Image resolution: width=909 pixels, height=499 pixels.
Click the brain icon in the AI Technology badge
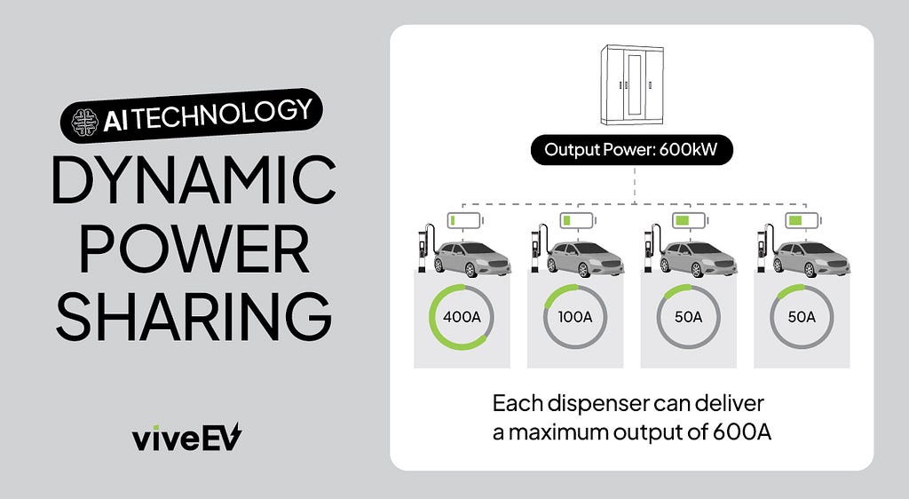(x=85, y=123)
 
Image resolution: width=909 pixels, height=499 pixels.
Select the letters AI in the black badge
(x=115, y=122)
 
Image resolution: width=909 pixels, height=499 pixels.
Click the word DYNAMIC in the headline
(x=194, y=179)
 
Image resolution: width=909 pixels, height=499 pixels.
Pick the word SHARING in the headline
(x=194, y=317)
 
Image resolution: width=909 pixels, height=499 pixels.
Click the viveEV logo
(x=186, y=438)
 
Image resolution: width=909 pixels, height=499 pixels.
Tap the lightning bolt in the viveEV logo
(x=233, y=436)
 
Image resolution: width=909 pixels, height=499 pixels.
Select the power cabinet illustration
(x=631, y=84)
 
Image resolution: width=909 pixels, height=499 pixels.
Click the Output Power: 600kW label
(x=631, y=150)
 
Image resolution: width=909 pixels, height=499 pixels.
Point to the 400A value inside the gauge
(x=462, y=317)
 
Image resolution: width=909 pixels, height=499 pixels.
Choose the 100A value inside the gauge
(x=575, y=317)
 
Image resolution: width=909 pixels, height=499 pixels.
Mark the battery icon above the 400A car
(x=465, y=221)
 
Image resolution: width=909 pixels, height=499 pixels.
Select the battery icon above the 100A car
(x=578, y=221)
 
